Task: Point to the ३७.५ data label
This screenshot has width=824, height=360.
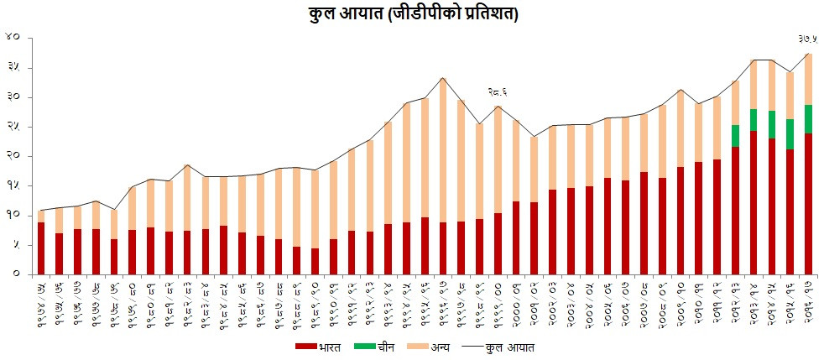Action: tap(807, 39)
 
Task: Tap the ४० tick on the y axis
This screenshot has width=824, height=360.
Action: tap(12, 38)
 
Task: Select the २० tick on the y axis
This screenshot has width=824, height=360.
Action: tap(12, 156)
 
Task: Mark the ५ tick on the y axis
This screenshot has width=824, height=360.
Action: tap(14, 244)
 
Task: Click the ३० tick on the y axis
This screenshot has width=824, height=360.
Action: tap(12, 97)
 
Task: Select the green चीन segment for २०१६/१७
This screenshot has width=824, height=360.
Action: tap(808, 118)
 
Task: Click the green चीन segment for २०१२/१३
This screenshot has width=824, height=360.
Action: tap(735, 136)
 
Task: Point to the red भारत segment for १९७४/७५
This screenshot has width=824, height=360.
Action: tap(41, 248)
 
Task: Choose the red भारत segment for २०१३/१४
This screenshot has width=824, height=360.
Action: tap(754, 202)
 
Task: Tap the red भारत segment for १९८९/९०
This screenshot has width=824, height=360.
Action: tap(316, 261)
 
